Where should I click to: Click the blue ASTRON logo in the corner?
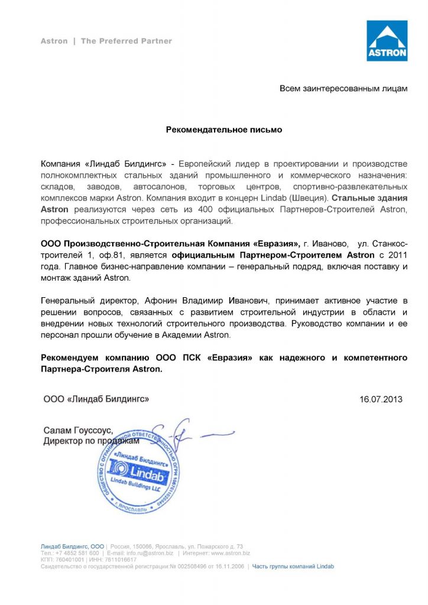(387, 41)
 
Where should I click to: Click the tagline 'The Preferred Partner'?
(126, 41)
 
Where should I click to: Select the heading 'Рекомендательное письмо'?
(223, 129)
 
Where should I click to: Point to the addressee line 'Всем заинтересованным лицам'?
(343, 89)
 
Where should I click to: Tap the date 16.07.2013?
(381, 399)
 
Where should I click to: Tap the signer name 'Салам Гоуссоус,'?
(77, 431)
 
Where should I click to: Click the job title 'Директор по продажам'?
(91, 441)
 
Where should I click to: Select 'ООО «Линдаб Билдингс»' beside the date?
(96, 399)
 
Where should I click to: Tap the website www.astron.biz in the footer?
(231, 553)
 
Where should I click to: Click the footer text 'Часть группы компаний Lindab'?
(293, 566)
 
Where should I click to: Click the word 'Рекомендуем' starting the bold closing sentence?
(70, 358)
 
